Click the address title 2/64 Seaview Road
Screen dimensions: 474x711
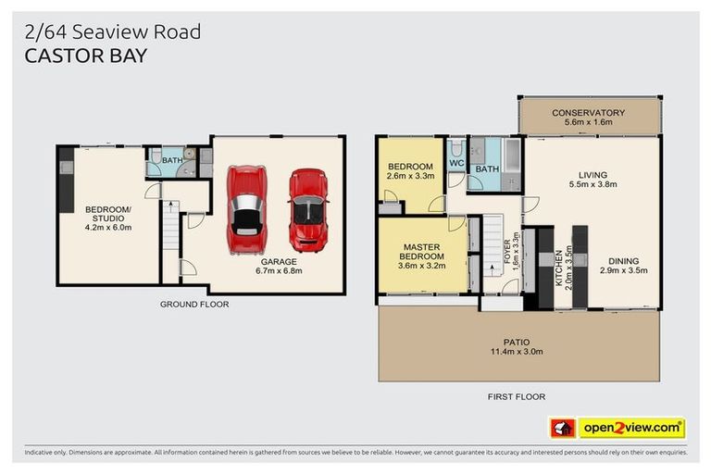[112, 32]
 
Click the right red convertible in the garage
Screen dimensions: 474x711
[307, 209]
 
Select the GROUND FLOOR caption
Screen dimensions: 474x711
[194, 304]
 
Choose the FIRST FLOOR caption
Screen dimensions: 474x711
[517, 396]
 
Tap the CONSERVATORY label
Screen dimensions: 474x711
[588, 113]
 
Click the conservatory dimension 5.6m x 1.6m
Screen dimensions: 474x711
[588, 123]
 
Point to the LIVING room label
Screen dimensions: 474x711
[592, 174]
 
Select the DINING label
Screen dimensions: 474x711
[623, 260]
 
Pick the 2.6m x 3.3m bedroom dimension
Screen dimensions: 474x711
[410, 175]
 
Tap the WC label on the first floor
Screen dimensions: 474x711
[455, 164]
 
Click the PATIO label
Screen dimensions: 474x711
[518, 342]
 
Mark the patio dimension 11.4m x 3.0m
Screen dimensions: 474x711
[518, 352]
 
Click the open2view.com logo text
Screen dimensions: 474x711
[631, 428]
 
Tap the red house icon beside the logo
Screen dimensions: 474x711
[563, 428]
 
